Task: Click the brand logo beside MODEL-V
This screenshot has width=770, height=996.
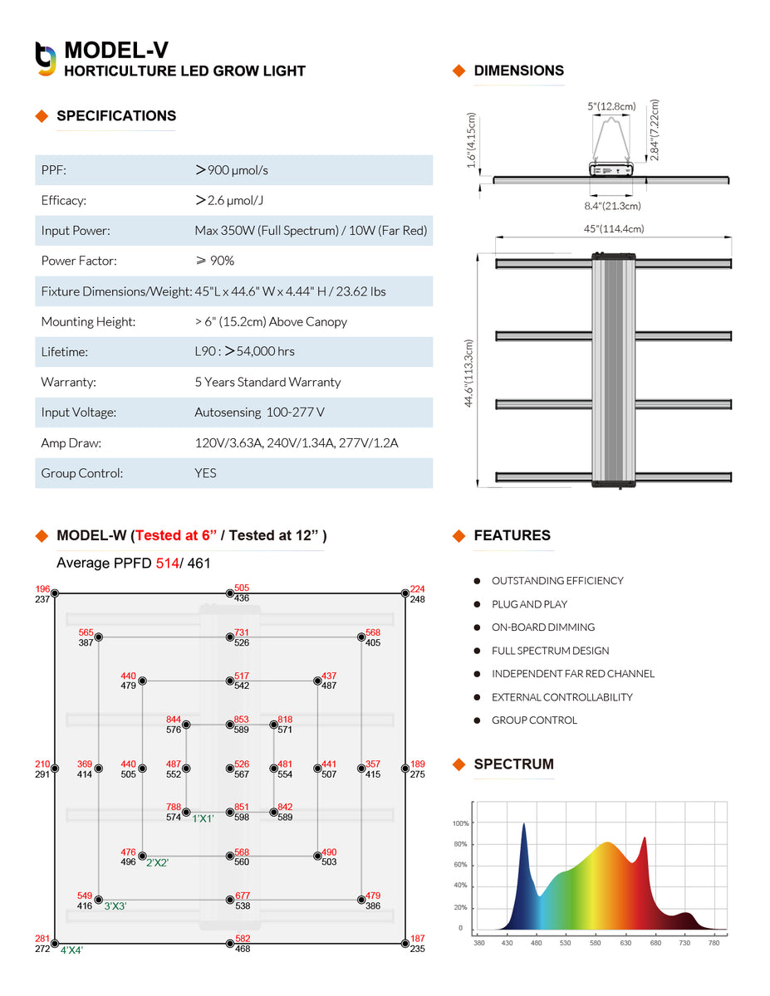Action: tap(46, 59)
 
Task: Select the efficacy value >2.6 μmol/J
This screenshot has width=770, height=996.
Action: tap(229, 200)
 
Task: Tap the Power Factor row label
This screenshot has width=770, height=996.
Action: tap(79, 261)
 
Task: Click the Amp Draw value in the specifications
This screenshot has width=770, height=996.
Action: tap(297, 442)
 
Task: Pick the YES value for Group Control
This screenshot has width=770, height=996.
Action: tap(205, 473)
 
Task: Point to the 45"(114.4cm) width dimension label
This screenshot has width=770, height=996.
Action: tap(614, 229)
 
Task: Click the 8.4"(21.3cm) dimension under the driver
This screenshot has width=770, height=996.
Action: tap(612, 206)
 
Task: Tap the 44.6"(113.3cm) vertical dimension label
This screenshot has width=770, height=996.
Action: tap(468, 373)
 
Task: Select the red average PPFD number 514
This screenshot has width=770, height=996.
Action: tap(167, 563)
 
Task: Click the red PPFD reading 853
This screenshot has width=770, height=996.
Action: tap(241, 719)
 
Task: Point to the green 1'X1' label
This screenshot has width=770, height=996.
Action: tap(203, 818)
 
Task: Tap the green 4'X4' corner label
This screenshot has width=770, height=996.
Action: tap(71, 950)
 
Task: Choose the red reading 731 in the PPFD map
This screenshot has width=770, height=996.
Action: tap(242, 632)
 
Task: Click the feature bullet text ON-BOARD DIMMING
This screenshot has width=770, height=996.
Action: tap(543, 627)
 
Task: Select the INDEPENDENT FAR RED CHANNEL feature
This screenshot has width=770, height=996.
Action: tap(573, 673)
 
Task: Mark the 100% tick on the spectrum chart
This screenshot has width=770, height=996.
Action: tap(460, 823)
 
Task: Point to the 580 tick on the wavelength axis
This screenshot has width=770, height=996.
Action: tap(595, 943)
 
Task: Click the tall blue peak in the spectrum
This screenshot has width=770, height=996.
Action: tap(524, 825)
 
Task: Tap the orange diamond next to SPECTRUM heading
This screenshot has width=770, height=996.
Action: tap(459, 764)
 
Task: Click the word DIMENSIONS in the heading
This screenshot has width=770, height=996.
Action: tap(518, 71)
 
